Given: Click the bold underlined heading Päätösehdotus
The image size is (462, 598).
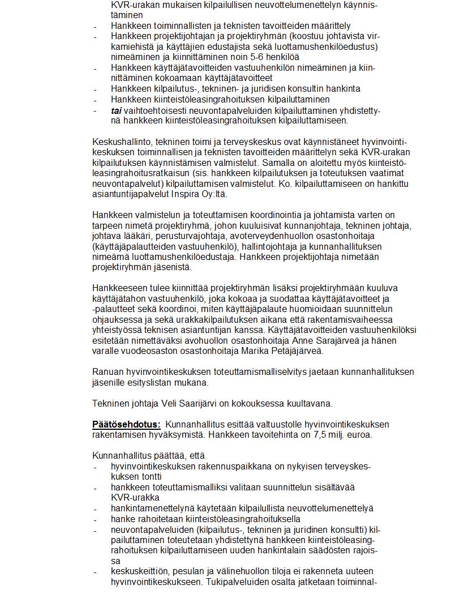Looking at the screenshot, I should (126, 424).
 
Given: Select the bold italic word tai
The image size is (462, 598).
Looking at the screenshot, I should (116, 110).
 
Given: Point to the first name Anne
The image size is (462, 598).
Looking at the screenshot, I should (302, 341).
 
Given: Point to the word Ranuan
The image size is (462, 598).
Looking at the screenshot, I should (106, 372).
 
